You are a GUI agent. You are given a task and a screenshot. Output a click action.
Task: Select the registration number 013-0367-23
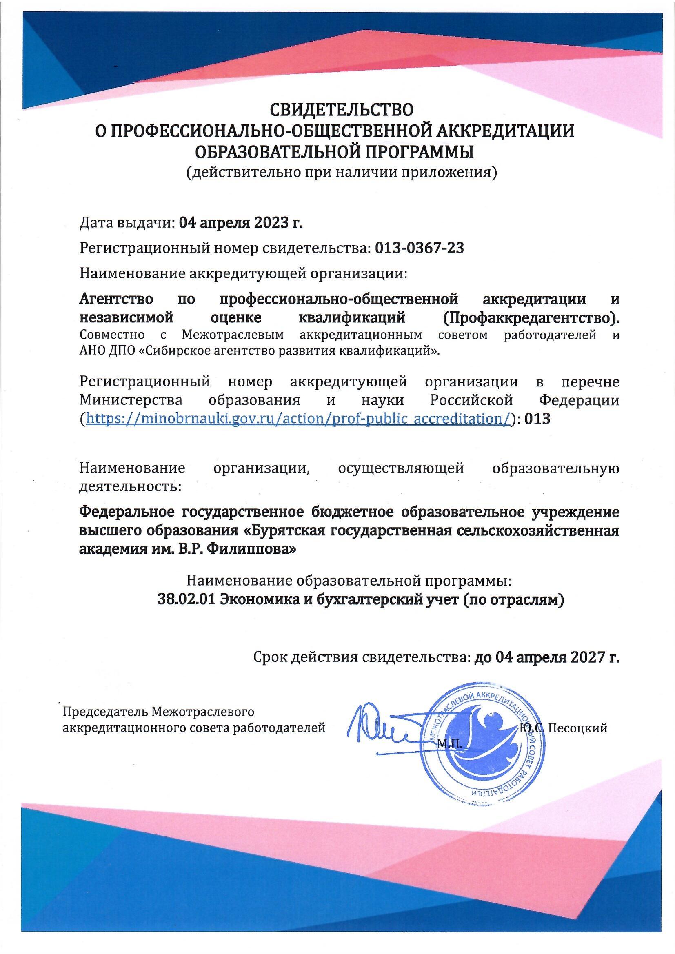point(420,248)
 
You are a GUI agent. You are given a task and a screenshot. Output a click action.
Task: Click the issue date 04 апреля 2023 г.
point(241,224)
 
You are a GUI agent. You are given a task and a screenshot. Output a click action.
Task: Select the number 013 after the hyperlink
point(537,419)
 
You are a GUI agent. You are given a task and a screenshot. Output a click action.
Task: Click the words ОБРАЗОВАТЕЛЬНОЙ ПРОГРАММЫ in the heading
point(335,152)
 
